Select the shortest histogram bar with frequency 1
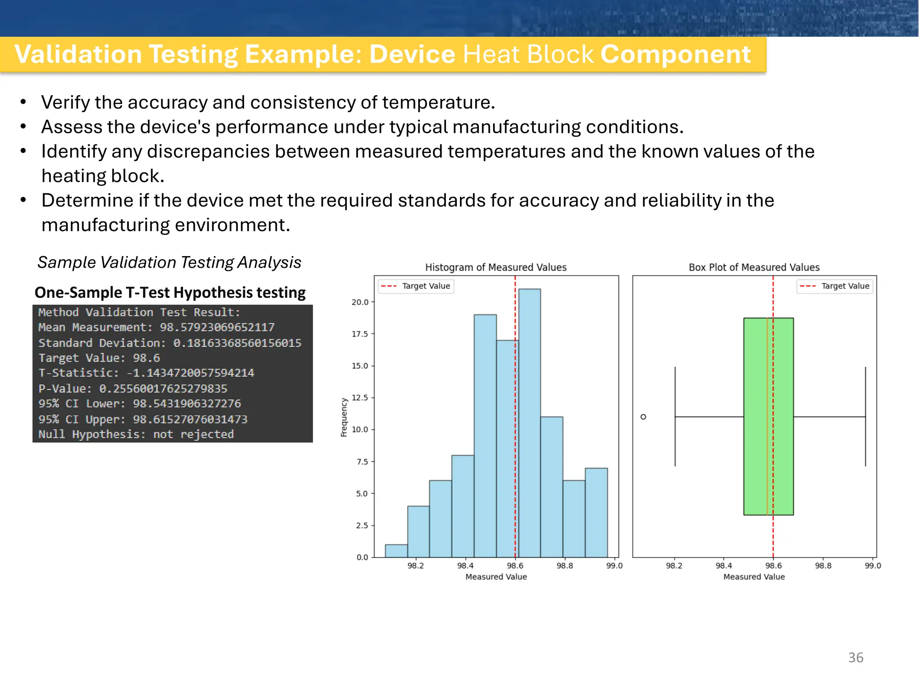[x=396, y=551]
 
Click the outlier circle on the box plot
[x=643, y=417]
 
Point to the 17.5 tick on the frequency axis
[x=359, y=334]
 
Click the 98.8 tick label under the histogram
[x=565, y=566]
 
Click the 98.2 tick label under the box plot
[x=674, y=566]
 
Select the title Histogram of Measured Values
[x=496, y=267]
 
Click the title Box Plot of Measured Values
[x=754, y=267]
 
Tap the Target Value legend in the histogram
[x=416, y=286]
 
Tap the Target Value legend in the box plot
[x=835, y=286]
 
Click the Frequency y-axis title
[x=344, y=417]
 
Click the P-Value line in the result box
[x=133, y=388]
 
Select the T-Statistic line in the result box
[x=146, y=373]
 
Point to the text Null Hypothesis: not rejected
[x=136, y=434]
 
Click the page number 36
[x=855, y=657]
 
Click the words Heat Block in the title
[x=528, y=54]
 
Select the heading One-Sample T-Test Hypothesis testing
[x=170, y=292]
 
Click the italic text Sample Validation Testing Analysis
[x=169, y=262]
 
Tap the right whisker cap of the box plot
[x=865, y=416]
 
